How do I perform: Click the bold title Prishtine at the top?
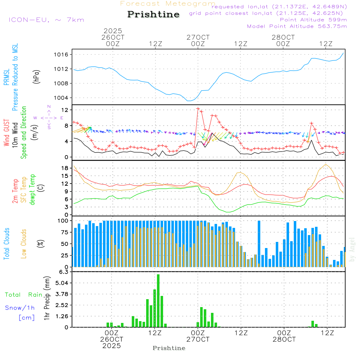click(153, 14)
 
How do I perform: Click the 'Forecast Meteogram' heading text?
click(168, 4)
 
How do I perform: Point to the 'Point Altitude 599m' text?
click(313, 20)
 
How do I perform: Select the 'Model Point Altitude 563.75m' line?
click(297, 26)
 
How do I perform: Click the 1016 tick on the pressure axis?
click(65, 55)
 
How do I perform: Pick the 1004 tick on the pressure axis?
click(65, 98)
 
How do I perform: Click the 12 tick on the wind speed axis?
click(66, 109)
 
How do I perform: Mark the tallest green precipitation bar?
click(158, 300)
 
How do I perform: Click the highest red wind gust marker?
click(198, 108)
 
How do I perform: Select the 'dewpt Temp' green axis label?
click(32, 189)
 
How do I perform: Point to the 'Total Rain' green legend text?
click(24, 295)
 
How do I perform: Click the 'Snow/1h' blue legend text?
click(20, 308)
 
